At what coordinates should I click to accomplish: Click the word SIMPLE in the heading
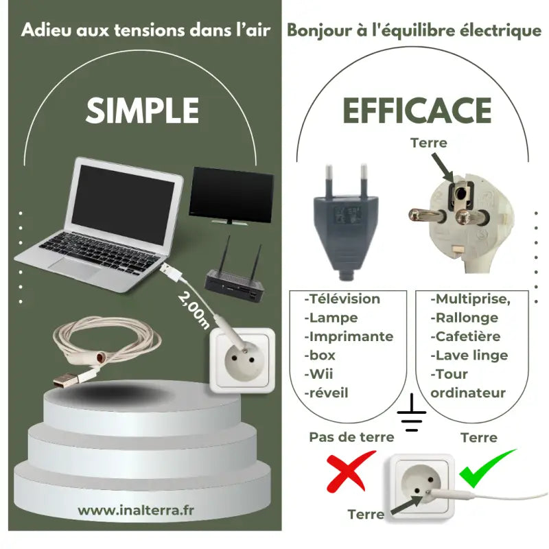click(143, 110)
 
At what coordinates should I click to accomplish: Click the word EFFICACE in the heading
click(417, 110)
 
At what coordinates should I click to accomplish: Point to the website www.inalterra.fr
click(136, 510)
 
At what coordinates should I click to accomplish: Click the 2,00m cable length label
click(194, 309)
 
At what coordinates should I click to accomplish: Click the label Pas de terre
click(351, 437)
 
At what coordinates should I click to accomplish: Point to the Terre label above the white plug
click(428, 143)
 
